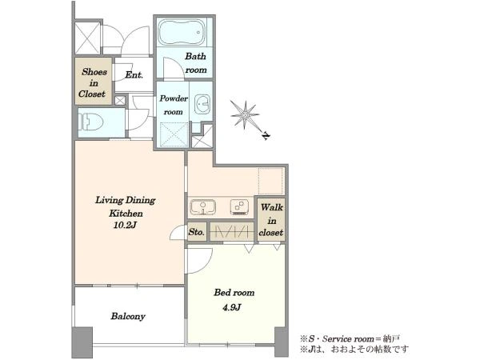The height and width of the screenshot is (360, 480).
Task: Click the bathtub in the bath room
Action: [182, 32]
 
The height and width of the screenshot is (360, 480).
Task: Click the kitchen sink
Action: [202, 207]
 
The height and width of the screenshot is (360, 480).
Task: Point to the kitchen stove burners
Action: [239, 206]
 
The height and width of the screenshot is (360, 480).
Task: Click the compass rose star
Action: [245, 114]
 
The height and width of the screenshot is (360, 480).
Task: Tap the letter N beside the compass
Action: [266, 136]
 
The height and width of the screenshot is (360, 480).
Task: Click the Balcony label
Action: [128, 316]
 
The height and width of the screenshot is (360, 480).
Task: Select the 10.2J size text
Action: [125, 226]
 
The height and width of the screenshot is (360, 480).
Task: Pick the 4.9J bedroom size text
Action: [232, 307]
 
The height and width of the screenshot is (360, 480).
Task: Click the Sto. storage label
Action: [196, 232]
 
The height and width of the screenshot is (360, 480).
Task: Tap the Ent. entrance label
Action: [134, 74]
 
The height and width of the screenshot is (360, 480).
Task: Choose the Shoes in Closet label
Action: [94, 83]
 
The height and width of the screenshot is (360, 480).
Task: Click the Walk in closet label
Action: [271, 220]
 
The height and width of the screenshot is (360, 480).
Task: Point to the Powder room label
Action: [174, 105]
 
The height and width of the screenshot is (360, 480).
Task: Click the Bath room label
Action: [196, 63]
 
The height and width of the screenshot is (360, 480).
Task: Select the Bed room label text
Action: [234, 293]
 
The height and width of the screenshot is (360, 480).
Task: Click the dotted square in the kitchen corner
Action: [270, 181]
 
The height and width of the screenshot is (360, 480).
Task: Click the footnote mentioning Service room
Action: [350, 338]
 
